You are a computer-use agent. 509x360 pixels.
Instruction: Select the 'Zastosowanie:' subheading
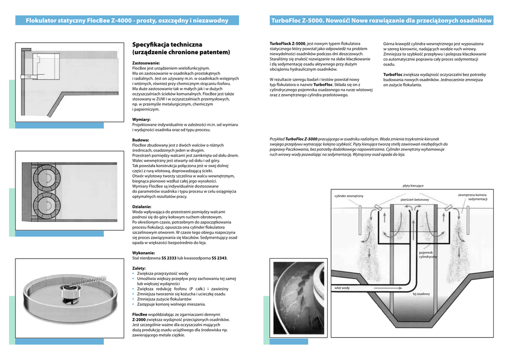[x=146, y=63]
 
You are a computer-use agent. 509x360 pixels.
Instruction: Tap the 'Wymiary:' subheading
[x=141, y=120]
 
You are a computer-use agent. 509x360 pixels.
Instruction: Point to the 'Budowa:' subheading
[x=141, y=140]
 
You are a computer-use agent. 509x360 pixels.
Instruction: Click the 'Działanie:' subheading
[x=142, y=206]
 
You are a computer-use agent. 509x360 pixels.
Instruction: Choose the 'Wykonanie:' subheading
[x=144, y=253]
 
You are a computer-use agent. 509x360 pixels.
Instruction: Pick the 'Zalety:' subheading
[x=139, y=268]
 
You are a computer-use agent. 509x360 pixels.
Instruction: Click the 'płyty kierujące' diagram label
[x=413, y=185]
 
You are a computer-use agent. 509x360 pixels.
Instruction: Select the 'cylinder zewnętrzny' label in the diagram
[x=349, y=196]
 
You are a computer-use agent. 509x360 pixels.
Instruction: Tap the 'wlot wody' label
[x=341, y=288]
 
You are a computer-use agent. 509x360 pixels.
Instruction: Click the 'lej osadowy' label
[x=421, y=294]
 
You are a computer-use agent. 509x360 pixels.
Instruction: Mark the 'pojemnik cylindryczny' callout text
[x=427, y=255]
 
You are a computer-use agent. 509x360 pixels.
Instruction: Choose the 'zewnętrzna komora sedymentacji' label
[x=472, y=197]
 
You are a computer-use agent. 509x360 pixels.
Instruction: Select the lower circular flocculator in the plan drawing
[x=46, y=204]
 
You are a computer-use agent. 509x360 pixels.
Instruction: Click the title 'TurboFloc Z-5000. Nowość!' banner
[x=381, y=20]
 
